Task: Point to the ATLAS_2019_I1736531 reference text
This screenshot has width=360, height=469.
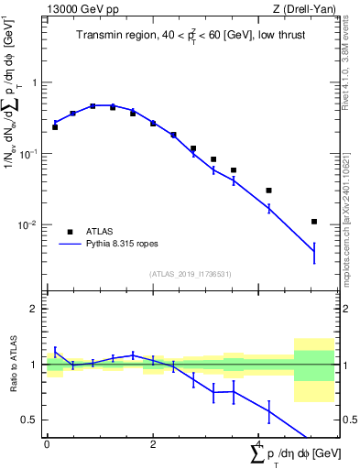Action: click(191, 274)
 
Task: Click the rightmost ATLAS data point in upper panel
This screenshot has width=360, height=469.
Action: click(314, 222)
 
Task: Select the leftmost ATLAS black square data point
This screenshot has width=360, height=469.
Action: click(55, 127)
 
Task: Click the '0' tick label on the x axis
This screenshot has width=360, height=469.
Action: click(47, 443)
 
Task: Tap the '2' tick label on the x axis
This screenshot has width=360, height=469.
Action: click(153, 443)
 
